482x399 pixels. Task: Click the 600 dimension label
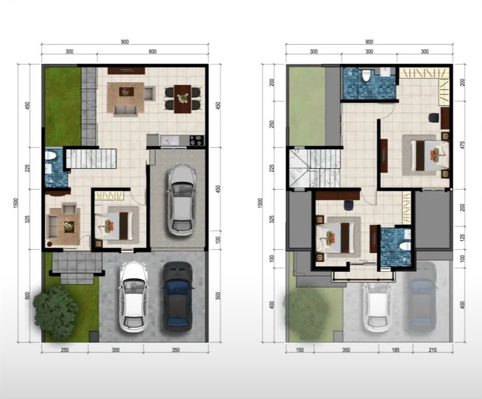tap(152, 52)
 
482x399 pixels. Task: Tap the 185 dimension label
tap(395, 350)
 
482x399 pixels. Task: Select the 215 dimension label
tap(432, 350)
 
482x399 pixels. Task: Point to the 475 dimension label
tap(462, 145)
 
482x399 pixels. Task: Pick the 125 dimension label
tap(462, 238)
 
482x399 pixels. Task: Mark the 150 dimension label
tap(300, 350)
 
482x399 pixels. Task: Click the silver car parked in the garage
tap(182, 200)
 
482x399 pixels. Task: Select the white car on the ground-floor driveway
tap(134, 296)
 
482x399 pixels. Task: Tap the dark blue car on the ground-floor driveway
tap(177, 297)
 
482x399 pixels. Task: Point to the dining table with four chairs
tap(182, 99)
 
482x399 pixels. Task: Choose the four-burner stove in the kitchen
tap(197, 140)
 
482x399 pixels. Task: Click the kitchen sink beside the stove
tap(169, 141)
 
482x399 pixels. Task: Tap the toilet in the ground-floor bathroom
tap(50, 156)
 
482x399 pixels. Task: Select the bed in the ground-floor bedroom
tap(114, 226)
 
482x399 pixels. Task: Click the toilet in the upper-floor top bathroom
tap(366, 76)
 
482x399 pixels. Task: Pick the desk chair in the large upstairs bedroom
tap(433, 118)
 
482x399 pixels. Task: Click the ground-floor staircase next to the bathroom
tap(91, 158)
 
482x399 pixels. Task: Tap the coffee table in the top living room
tap(126, 91)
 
